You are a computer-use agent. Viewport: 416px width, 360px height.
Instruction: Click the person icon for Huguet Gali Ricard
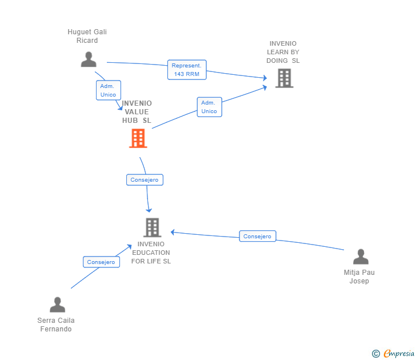tap(89, 59)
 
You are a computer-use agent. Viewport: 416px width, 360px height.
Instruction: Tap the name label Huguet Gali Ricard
tap(87, 36)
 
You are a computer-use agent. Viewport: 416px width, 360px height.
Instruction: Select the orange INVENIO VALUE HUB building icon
tap(138, 138)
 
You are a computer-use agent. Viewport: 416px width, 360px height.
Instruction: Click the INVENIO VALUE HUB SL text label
tap(137, 112)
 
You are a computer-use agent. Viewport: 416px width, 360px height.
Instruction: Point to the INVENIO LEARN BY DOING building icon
tap(284, 78)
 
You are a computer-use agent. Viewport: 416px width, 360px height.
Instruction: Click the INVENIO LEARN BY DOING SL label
tap(283, 52)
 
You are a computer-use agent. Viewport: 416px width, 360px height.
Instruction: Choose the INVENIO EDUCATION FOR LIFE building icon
tap(152, 227)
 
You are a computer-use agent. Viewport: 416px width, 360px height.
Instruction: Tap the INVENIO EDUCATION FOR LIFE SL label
tap(151, 253)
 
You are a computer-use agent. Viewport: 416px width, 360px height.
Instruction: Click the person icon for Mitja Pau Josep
tap(361, 257)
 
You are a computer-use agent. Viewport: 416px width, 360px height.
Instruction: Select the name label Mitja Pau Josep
tap(359, 277)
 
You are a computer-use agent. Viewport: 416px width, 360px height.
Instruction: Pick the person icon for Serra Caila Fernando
tap(57, 305)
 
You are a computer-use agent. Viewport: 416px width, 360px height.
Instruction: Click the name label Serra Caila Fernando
tap(56, 325)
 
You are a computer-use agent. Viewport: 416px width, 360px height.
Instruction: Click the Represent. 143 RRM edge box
tap(187, 70)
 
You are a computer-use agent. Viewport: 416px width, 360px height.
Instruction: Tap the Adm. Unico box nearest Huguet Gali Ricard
tap(108, 90)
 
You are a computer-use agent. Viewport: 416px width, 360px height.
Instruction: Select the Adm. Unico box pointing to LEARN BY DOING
tap(209, 107)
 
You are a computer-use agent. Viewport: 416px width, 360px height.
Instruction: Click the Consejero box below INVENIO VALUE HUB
tap(145, 180)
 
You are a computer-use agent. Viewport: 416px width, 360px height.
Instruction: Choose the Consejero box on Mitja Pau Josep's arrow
tap(258, 236)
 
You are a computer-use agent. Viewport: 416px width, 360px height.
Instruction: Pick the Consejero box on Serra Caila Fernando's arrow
tap(101, 262)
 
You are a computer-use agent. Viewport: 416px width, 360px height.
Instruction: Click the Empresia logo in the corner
tap(398, 354)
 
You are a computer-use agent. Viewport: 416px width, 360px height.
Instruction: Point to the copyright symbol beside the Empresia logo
tap(376, 354)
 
